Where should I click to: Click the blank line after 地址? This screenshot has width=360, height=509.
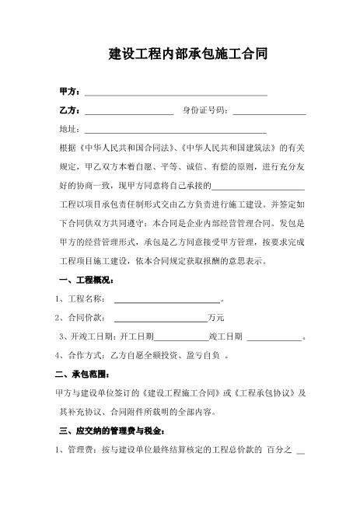pyautogui.click(x=175, y=130)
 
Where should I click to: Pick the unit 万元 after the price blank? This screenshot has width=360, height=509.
pyautogui.click(x=215, y=318)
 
